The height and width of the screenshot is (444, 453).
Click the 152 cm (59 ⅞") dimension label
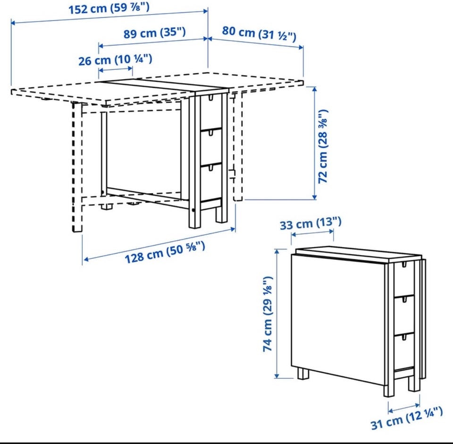[109, 8]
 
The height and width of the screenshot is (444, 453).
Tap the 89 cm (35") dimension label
[155, 33]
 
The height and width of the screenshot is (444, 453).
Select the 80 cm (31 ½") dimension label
[259, 33]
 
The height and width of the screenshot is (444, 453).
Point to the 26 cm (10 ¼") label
[115, 60]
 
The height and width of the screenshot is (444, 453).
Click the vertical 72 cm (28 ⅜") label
[323, 146]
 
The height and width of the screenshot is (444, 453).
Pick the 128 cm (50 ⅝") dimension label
[165, 253]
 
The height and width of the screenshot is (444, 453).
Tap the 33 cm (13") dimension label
[310, 223]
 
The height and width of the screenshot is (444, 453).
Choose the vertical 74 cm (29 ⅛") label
[268, 314]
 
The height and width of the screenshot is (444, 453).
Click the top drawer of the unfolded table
[211, 111]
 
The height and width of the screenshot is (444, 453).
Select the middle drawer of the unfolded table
[211, 146]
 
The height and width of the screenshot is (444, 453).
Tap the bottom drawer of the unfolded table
[211, 182]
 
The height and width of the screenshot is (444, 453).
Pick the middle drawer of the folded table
[404, 315]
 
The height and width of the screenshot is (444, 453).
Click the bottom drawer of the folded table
[404, 352]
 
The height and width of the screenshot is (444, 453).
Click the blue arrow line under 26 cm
[116, 69]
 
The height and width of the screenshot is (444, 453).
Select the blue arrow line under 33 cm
[312, 232]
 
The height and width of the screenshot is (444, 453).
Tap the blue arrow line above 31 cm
[404, 408]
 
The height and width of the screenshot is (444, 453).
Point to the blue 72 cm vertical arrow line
[315, 143]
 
